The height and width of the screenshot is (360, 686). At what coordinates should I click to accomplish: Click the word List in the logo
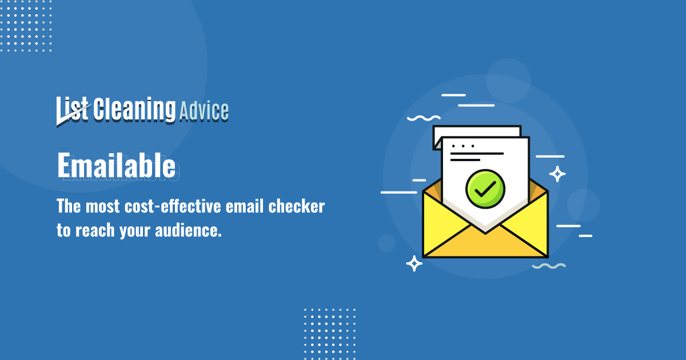coord(73,109)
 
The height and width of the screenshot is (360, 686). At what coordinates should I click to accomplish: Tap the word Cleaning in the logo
coord(134,109)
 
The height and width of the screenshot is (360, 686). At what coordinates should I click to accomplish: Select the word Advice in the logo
coord(204,110)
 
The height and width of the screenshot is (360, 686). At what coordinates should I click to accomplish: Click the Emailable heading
coord(116,166)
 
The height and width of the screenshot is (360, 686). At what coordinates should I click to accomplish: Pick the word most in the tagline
coord(102,207)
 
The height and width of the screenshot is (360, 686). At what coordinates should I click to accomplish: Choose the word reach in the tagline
coord(91,232)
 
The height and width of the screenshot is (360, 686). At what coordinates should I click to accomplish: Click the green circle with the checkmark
coord(484,189)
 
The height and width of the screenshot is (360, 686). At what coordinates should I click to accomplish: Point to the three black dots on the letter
coord(458,146)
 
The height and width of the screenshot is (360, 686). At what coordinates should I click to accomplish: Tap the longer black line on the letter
coord(477,153)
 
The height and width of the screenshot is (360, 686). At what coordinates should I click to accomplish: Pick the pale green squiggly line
coord(549,266)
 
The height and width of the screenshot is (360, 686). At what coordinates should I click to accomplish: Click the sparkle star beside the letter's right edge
coord(557,174)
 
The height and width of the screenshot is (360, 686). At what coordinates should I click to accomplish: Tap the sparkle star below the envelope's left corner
coord(414,263)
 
